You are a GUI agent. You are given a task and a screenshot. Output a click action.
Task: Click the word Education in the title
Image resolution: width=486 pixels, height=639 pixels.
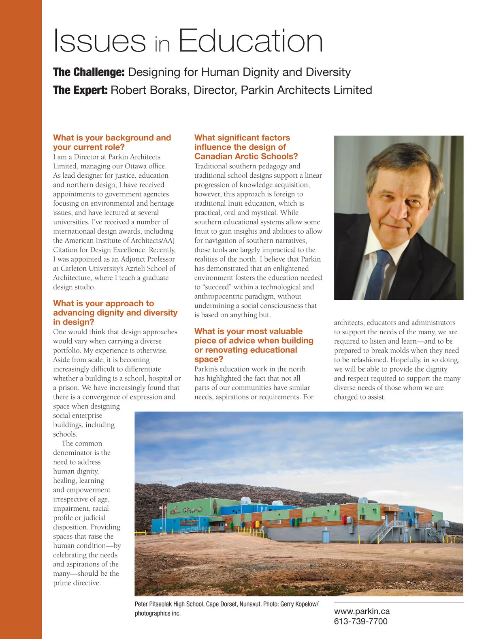[250, 41]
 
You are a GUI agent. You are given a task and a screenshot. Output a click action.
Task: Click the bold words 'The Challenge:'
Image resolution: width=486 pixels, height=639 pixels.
[89, 72]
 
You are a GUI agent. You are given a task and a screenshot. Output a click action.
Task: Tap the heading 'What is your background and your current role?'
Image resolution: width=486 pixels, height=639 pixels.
[112, 142]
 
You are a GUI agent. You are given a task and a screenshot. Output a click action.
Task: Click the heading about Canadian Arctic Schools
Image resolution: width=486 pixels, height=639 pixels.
[246, 147]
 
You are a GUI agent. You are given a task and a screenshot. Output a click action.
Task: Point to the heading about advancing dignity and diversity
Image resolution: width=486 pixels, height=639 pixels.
[115, 312]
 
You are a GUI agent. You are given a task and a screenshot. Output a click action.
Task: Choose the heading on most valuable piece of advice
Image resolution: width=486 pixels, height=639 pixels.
[254, 345]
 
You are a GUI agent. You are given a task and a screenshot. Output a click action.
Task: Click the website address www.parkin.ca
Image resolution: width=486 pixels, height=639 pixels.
[362, 611]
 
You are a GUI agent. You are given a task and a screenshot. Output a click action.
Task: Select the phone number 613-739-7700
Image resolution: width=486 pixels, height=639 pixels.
[360, 621]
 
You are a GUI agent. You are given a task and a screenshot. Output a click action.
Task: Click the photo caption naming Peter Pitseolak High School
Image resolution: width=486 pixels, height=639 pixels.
[226, 609]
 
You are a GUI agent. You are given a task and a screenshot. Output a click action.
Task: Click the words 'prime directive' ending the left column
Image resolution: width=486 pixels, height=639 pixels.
[77, 583]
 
